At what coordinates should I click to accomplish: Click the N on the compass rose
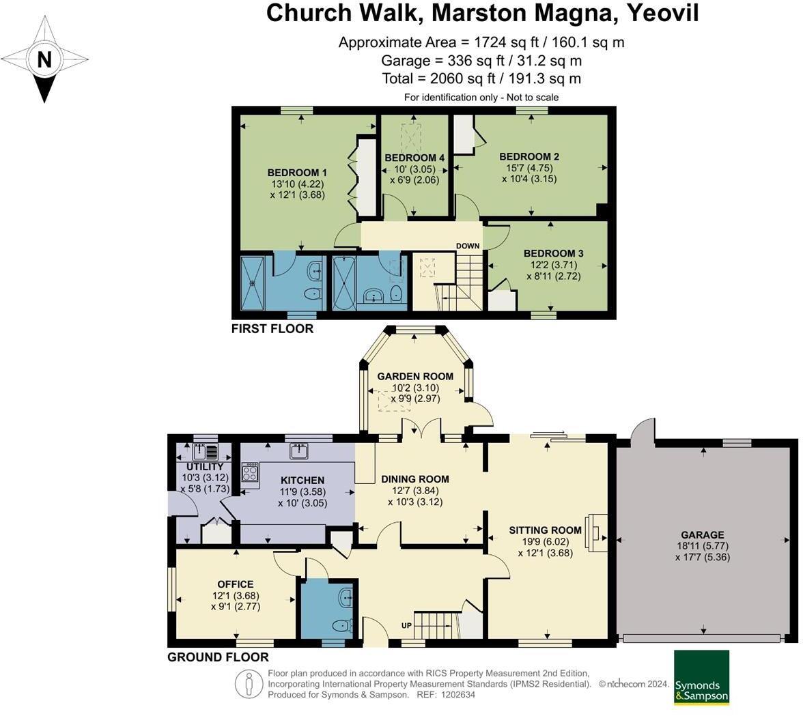44,60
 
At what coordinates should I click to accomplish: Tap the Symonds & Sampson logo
701,677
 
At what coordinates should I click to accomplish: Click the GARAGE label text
702,534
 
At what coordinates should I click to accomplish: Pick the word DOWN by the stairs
468,246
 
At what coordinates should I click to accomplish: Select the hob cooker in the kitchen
250,472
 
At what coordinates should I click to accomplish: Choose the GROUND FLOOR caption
218,657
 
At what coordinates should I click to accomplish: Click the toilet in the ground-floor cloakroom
341,626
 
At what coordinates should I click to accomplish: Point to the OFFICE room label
236,584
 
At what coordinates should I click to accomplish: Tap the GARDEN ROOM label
415,376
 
